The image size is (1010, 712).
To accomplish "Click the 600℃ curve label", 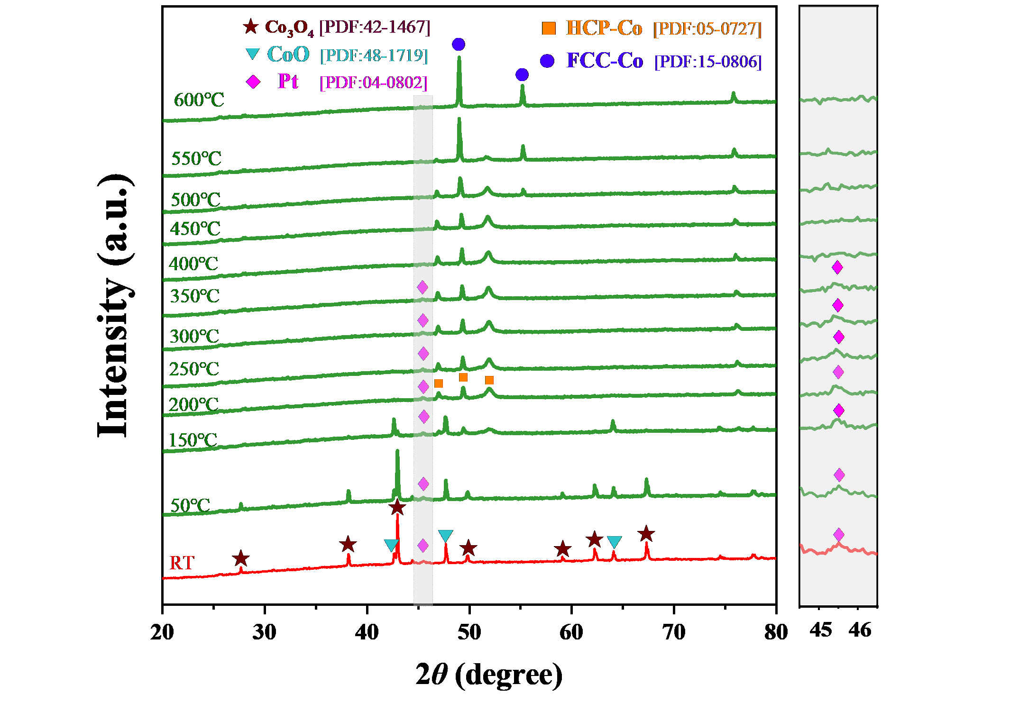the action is [199, 100].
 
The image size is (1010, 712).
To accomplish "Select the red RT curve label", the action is [182, 563].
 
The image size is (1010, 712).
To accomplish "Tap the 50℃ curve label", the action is [190, 506].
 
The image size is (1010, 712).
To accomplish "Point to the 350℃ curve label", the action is [195, 296].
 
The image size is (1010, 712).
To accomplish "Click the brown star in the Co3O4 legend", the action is [251, 27].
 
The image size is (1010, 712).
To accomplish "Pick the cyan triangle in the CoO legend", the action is [253, 54].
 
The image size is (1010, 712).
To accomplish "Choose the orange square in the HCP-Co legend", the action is [549, 28].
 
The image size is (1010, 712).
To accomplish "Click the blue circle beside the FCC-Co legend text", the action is [547, 61].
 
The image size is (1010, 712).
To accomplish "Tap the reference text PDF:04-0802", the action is [374, 82].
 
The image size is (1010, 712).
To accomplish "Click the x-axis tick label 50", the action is [469, 632].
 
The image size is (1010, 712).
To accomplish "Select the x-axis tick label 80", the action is [776, 632].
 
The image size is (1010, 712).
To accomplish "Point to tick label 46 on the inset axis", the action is [860, 630].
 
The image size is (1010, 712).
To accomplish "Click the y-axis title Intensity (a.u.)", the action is [114, 306].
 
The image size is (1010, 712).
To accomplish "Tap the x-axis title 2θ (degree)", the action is [489, 675].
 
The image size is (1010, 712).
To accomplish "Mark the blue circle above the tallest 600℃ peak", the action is [459, 45].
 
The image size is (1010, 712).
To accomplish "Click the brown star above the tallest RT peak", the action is [397, 508].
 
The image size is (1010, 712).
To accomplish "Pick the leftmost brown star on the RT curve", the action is [241, 558].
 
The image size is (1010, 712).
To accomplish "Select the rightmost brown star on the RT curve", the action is [646, 534].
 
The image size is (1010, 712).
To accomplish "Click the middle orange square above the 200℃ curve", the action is [463, 377].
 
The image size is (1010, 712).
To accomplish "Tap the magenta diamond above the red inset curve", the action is [838, 535].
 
